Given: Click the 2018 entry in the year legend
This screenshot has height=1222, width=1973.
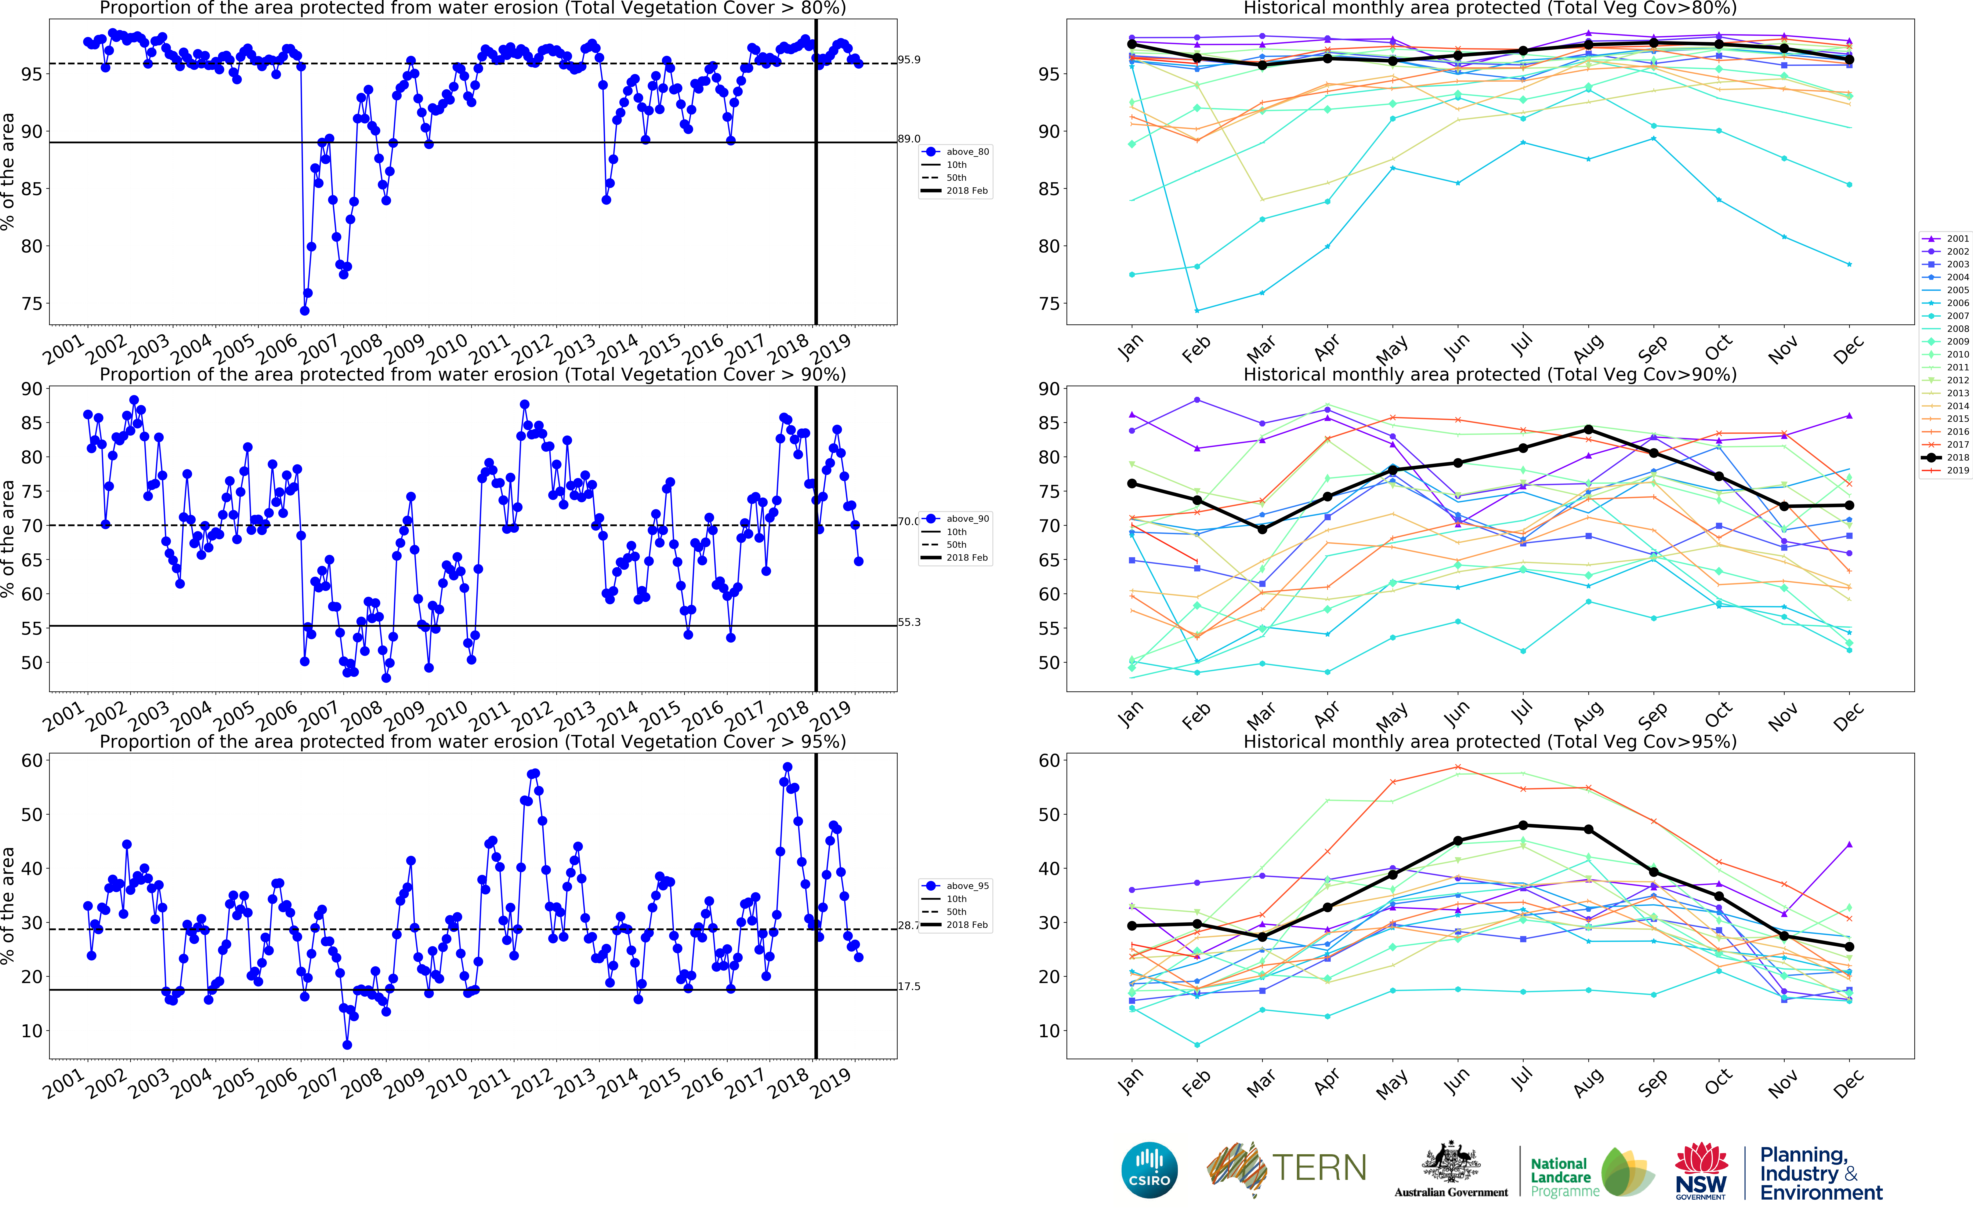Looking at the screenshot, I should tap(1957, 457).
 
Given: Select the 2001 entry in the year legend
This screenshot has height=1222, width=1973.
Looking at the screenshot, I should tap(1957, 239).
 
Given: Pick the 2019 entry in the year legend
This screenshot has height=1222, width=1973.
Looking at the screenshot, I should tap(1957, 470).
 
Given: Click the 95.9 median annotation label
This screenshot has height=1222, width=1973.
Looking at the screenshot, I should tap(909, 60).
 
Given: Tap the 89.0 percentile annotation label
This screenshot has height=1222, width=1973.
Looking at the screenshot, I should tap(909, 139).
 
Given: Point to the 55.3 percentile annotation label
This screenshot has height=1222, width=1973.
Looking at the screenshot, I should tap(909, 622).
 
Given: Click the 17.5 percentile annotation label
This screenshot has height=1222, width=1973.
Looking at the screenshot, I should tap(909, 987).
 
